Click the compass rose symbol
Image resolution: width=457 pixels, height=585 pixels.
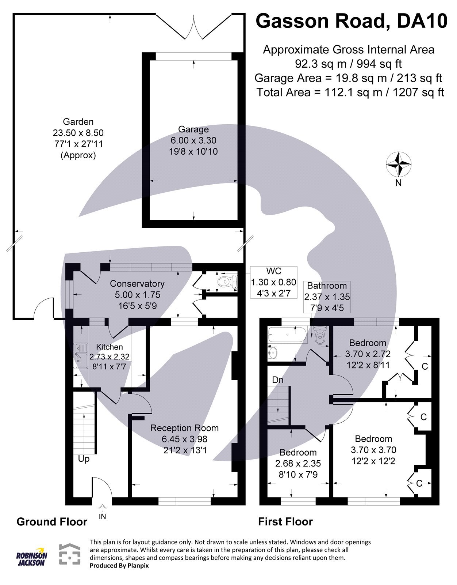[x=398, y=164]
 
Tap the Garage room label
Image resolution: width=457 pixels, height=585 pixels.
[x=193, y=129]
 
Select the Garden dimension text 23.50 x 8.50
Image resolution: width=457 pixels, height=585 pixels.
[x=78, y=133]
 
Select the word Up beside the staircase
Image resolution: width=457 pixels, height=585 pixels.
[x=84, y=458]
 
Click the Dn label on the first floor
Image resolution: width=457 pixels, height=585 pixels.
[x=278, y=380]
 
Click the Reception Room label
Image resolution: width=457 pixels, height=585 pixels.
[x=184, y=428]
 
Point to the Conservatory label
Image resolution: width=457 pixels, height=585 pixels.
[x=137, y=284]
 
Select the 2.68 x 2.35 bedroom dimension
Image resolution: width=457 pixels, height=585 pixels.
[x=298, y=464]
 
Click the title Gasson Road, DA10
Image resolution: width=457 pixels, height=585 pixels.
[x=351, y=21]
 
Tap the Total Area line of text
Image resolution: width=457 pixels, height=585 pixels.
[x=350, y=92]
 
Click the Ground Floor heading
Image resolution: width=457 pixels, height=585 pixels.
[x=52, y=522]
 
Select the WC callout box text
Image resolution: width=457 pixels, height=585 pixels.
[x=273, y=282]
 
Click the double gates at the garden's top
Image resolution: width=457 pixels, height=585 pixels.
[x=194, y=27]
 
